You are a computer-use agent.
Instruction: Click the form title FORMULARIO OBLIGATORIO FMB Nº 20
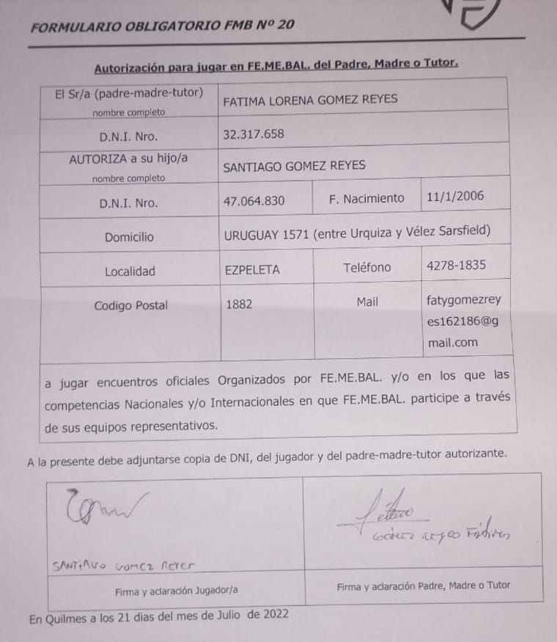pos(163,26)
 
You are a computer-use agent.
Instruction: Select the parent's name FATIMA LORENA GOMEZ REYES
pos(309,100)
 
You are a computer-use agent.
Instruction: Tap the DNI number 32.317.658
pos(253,134)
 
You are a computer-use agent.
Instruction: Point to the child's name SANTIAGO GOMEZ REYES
pos(294,166)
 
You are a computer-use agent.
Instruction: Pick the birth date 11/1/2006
pos(455,197)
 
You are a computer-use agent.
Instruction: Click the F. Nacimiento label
pos(366,198)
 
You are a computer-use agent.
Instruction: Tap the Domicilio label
pos(129,237)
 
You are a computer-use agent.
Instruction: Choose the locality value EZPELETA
pos(252,269)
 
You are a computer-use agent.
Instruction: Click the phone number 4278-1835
pos(455,266)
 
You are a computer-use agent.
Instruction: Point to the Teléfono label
pos(366,268)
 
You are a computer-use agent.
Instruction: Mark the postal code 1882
pos(239,304)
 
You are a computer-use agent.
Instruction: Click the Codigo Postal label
pos(130,306)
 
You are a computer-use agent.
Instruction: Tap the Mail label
pos(367,302)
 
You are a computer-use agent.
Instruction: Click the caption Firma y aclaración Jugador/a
pos(176,590)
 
